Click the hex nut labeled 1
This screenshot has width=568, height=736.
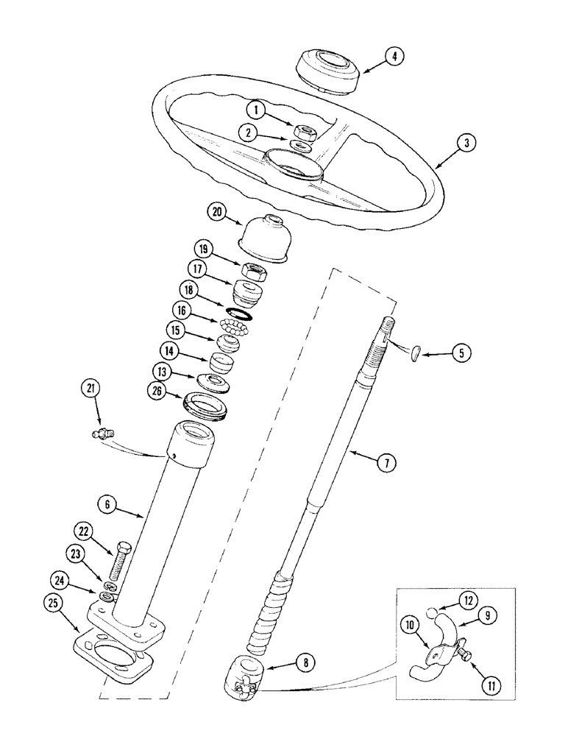coord(305,133)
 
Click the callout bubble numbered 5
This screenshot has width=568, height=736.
coord(461,353)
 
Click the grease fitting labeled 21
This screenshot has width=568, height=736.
coord(102,436)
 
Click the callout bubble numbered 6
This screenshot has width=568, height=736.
coord(108,504)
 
